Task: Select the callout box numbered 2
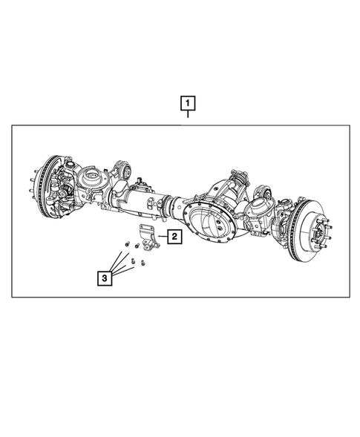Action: (174, 237)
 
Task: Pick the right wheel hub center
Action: (318, 224)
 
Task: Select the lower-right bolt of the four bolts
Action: (142, 263)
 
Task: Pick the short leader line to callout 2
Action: (163, 237)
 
